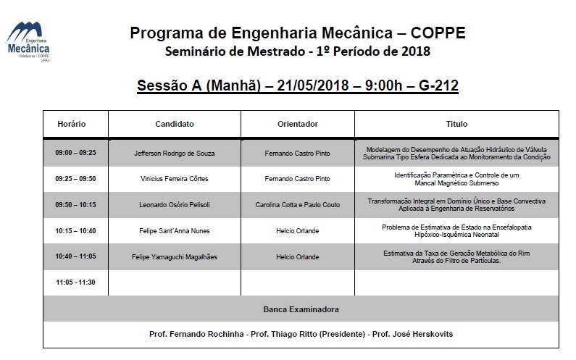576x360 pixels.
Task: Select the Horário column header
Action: tap(72, 124)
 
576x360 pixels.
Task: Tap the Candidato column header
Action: tap(175, 124)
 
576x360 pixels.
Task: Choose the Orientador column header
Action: tap(298, 124)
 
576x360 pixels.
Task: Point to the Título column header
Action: tap(456, 124)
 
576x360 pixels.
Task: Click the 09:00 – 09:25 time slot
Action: tap(75, 154)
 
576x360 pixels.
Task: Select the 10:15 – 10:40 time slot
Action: tap(75, 231)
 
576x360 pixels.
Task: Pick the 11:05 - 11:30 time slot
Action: tap(75, 282)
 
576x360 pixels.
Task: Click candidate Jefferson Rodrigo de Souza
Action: tap(175, 154)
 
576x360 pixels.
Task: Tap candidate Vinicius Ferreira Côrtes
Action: tap(175, 179)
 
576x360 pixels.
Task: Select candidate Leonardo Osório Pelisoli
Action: tap(175, 205)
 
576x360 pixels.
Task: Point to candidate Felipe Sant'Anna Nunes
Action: tap(175, 231)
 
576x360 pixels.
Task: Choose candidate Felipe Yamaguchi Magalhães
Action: tap(175, 256)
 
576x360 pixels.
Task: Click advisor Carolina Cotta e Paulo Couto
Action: tap(298, 205)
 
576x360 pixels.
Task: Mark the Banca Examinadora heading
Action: tap(300, 309)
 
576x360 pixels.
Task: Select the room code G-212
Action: tap(438, 86)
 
